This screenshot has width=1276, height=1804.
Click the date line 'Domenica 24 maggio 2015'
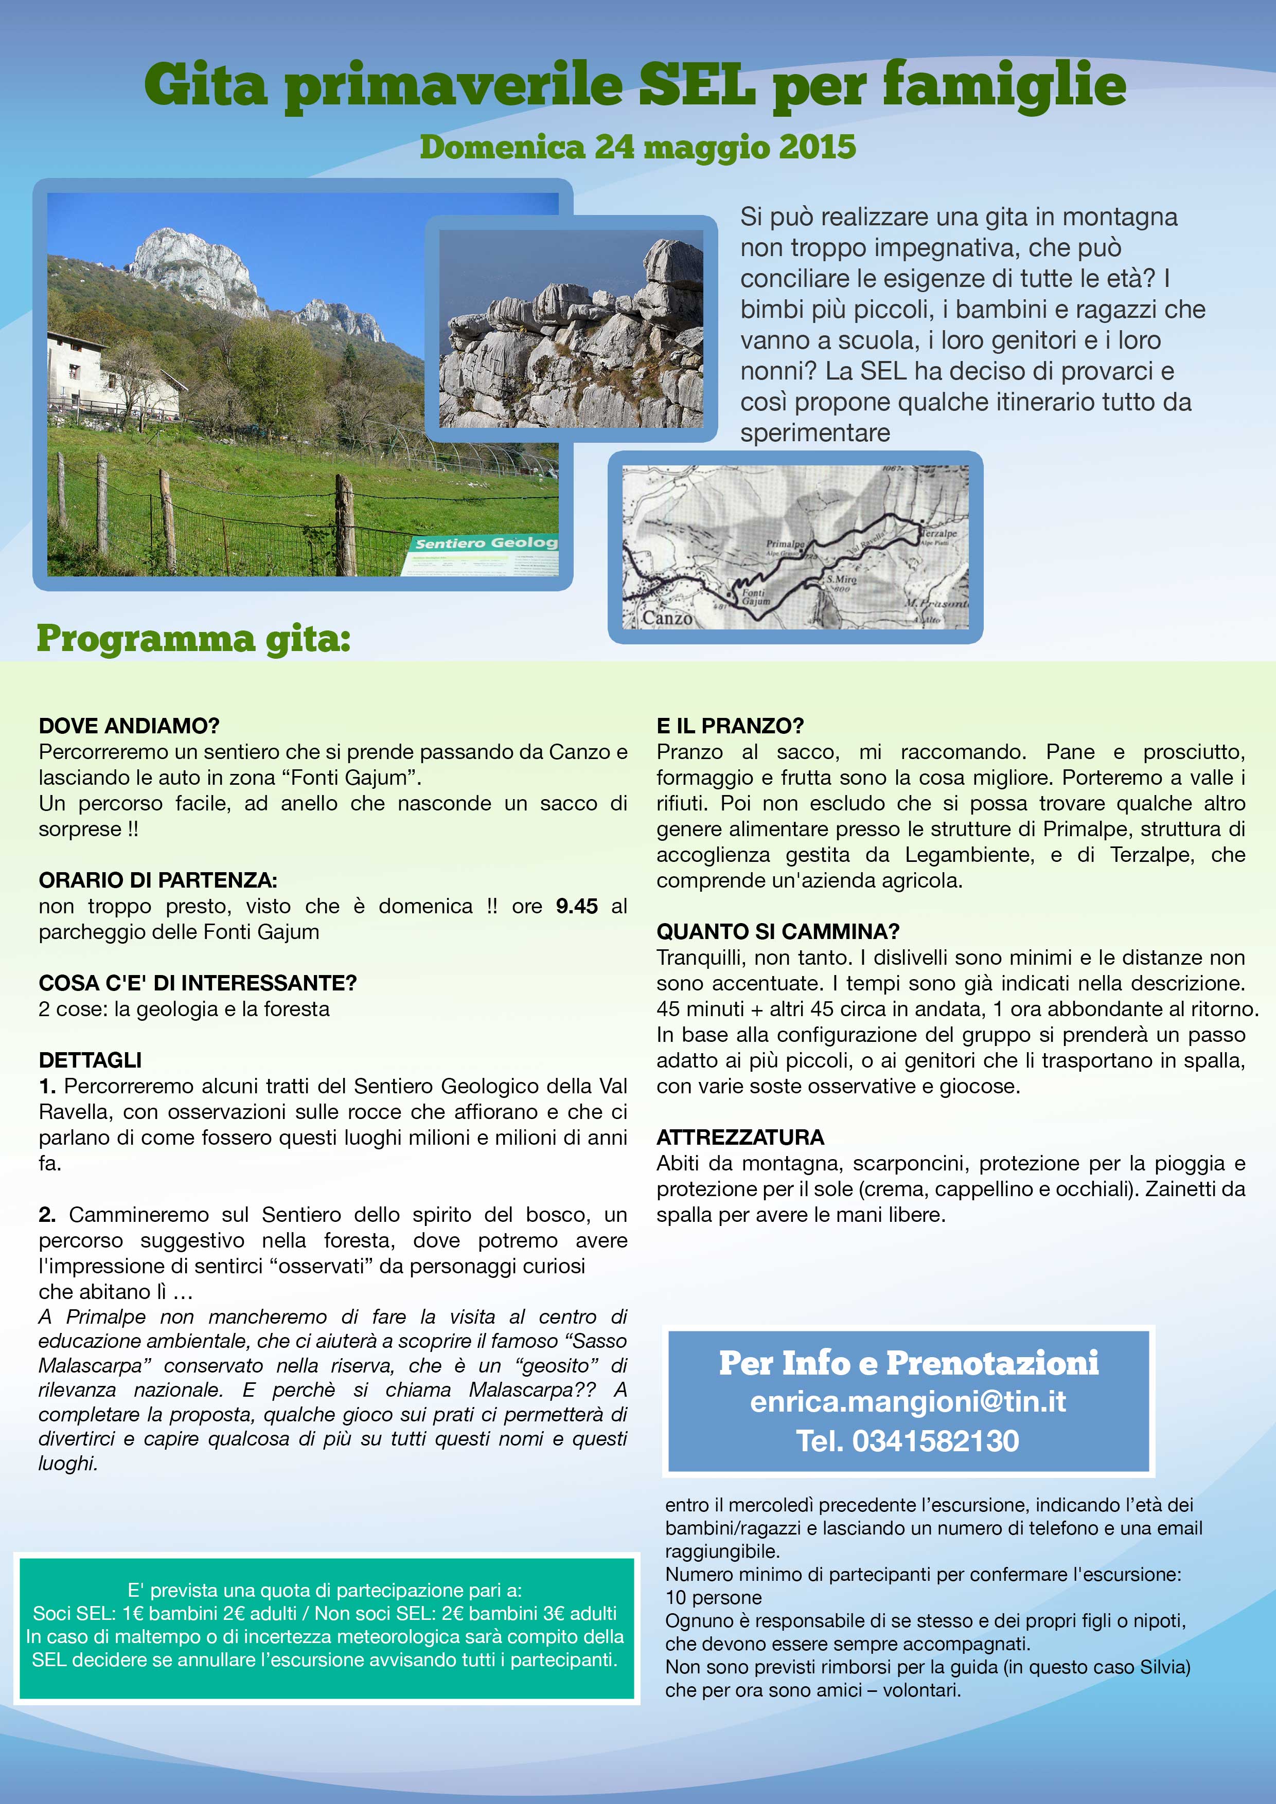click(x=637, y=147)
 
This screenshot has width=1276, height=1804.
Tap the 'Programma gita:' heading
click(x=193, y=638)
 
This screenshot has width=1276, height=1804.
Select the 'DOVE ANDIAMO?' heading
click(x=129, y=725)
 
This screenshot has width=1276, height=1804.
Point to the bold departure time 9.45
click(x=576, y=906)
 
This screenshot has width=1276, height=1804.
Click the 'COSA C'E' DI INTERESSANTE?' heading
click(x=198, y=983)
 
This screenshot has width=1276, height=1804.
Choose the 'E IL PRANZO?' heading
click(x=730, y=725)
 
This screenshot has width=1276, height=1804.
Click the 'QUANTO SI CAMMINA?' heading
click(x=777, y=931)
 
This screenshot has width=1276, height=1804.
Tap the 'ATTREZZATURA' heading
click(x=740, y=1137)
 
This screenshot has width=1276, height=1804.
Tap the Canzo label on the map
click(x=667, y=618)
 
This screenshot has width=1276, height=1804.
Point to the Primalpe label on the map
click(x=785, y=543)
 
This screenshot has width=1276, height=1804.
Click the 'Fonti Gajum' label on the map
click(x=755, y=597)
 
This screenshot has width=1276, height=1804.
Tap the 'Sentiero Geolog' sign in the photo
click(x=486, y=543)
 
